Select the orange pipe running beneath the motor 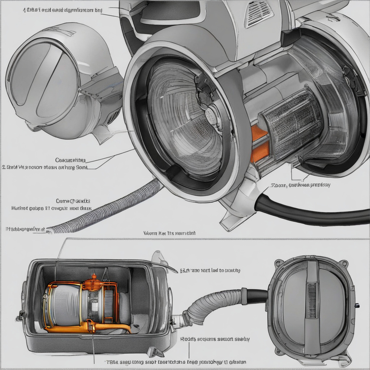coord(108,327)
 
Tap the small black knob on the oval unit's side coord(357,305)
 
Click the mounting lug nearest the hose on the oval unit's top coord(278,263)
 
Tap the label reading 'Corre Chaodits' coord(72,201)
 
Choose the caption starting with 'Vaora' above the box coord(169,233)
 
